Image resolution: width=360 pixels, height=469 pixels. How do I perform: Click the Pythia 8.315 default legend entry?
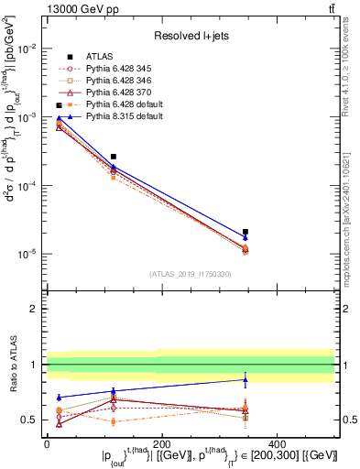tap(120, 117)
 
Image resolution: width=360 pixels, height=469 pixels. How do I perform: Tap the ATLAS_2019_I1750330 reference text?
tap(191, 274)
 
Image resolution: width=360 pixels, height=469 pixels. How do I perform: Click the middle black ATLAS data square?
tap(114, 157)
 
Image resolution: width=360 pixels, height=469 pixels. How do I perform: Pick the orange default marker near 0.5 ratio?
tap(114, 421)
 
